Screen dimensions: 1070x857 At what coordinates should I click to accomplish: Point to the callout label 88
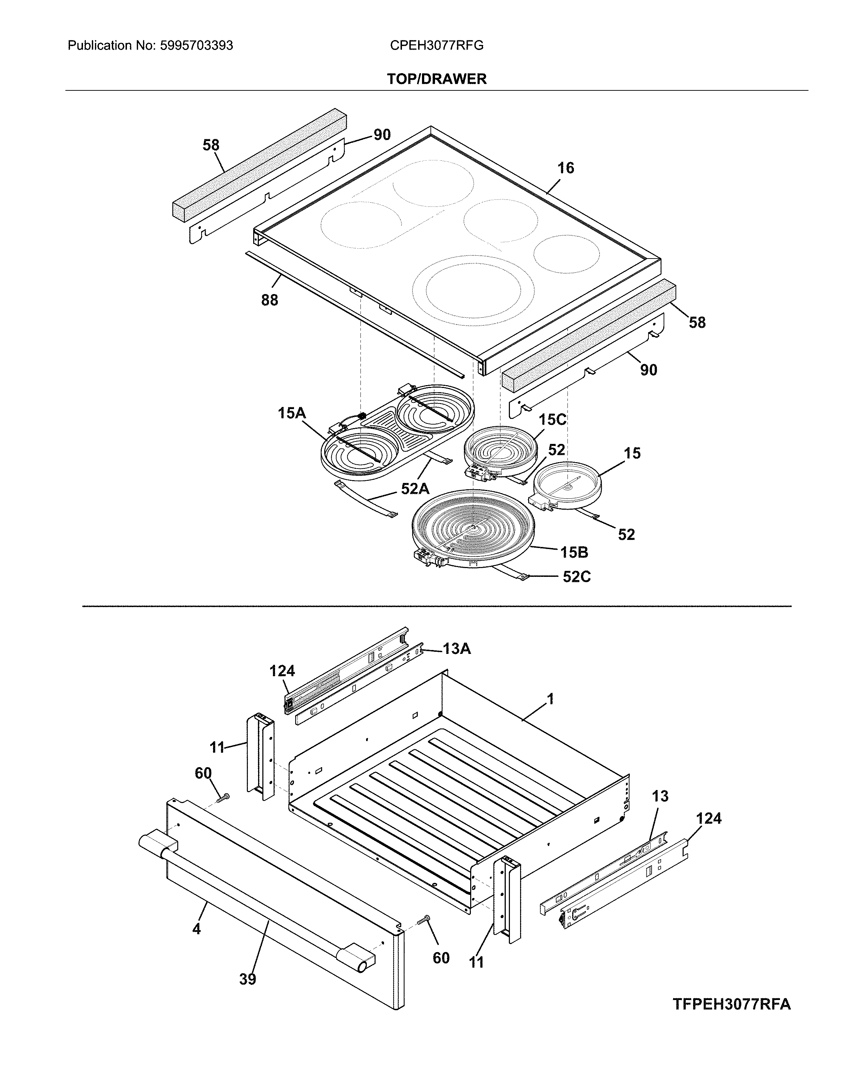click(x=269, y=300)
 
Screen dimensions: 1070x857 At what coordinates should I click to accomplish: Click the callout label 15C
click(x=552, y=420)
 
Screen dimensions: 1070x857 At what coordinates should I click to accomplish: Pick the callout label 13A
click(x=456, y=649)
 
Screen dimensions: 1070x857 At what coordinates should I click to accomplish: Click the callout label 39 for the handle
click(x=247, y=979)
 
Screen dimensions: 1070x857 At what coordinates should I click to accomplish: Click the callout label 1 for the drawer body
click(x=550, y=699)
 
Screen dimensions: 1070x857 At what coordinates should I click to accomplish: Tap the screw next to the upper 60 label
click(x=223, y=797)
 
